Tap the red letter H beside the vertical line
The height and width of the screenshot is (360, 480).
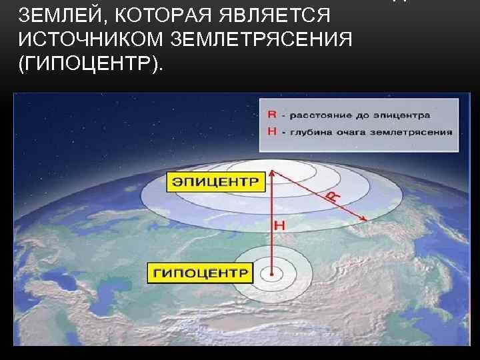279,226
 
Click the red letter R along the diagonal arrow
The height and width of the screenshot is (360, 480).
331,196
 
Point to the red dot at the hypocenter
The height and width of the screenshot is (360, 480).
273,273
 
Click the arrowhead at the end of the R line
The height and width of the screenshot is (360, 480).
365,219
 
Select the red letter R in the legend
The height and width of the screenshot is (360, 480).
272,114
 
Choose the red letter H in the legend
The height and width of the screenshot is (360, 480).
272,131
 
